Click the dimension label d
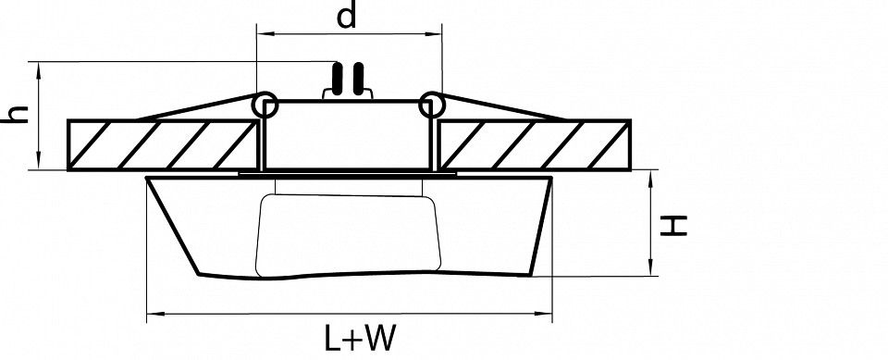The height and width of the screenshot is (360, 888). click(x=347, y=16)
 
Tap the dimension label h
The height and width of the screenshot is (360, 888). click(x=16, y=114)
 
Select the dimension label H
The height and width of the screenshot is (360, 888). click(x=674, y=226)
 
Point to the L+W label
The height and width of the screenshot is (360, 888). click(x=359, y=339)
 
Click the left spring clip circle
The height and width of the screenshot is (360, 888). click(x=265, y=105)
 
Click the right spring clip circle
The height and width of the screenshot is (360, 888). click(x=432, y=105)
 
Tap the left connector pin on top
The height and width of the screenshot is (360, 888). click(x=338, y=79)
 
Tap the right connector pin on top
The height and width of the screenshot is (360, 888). click(x=358, y=79)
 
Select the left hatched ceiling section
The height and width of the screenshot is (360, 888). click(x=162, y=145)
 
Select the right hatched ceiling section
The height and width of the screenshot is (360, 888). click(x=535, y=145)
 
